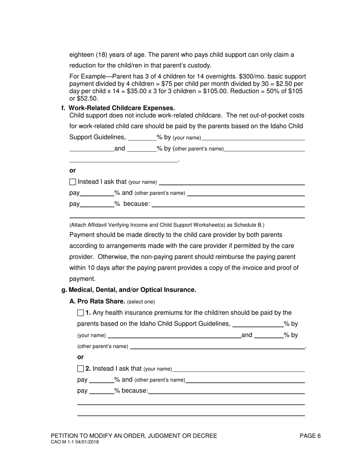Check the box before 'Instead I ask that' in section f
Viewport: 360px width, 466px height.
point(73,182)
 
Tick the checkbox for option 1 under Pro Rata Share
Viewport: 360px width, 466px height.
point(80,313)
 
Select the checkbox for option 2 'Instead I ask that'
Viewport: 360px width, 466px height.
point(80,369)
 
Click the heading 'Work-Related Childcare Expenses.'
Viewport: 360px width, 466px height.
point(122,108)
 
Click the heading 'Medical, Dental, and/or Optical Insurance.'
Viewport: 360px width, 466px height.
point(132,290)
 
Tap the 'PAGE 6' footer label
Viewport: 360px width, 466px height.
point(310,436)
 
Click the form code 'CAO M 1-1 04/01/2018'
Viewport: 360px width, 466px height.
point(75,442)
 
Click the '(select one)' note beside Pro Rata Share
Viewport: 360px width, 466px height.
point(141,302)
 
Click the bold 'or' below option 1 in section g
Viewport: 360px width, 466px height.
point(80,357)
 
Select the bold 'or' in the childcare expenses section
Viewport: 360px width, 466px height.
point(72,170)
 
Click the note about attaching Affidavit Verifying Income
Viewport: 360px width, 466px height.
point(167,225)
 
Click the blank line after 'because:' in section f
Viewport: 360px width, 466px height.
point(228,205)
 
